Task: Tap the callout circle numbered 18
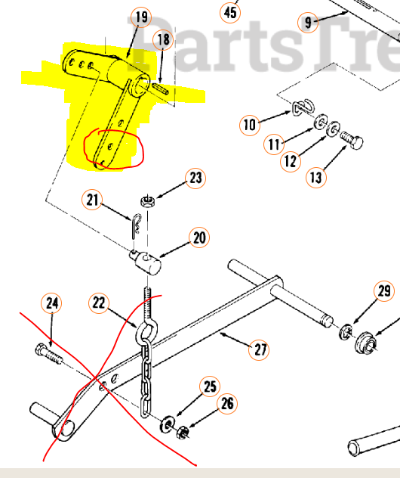(163, 39)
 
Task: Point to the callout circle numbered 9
(308, 22)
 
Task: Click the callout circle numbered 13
(315, 177)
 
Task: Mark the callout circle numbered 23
(195, 178)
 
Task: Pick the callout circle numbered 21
(93, 200)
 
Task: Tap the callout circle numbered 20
(198, 237)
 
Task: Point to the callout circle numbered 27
(260, 349)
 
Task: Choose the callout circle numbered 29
(384, 291)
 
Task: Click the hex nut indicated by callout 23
(148, 201)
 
